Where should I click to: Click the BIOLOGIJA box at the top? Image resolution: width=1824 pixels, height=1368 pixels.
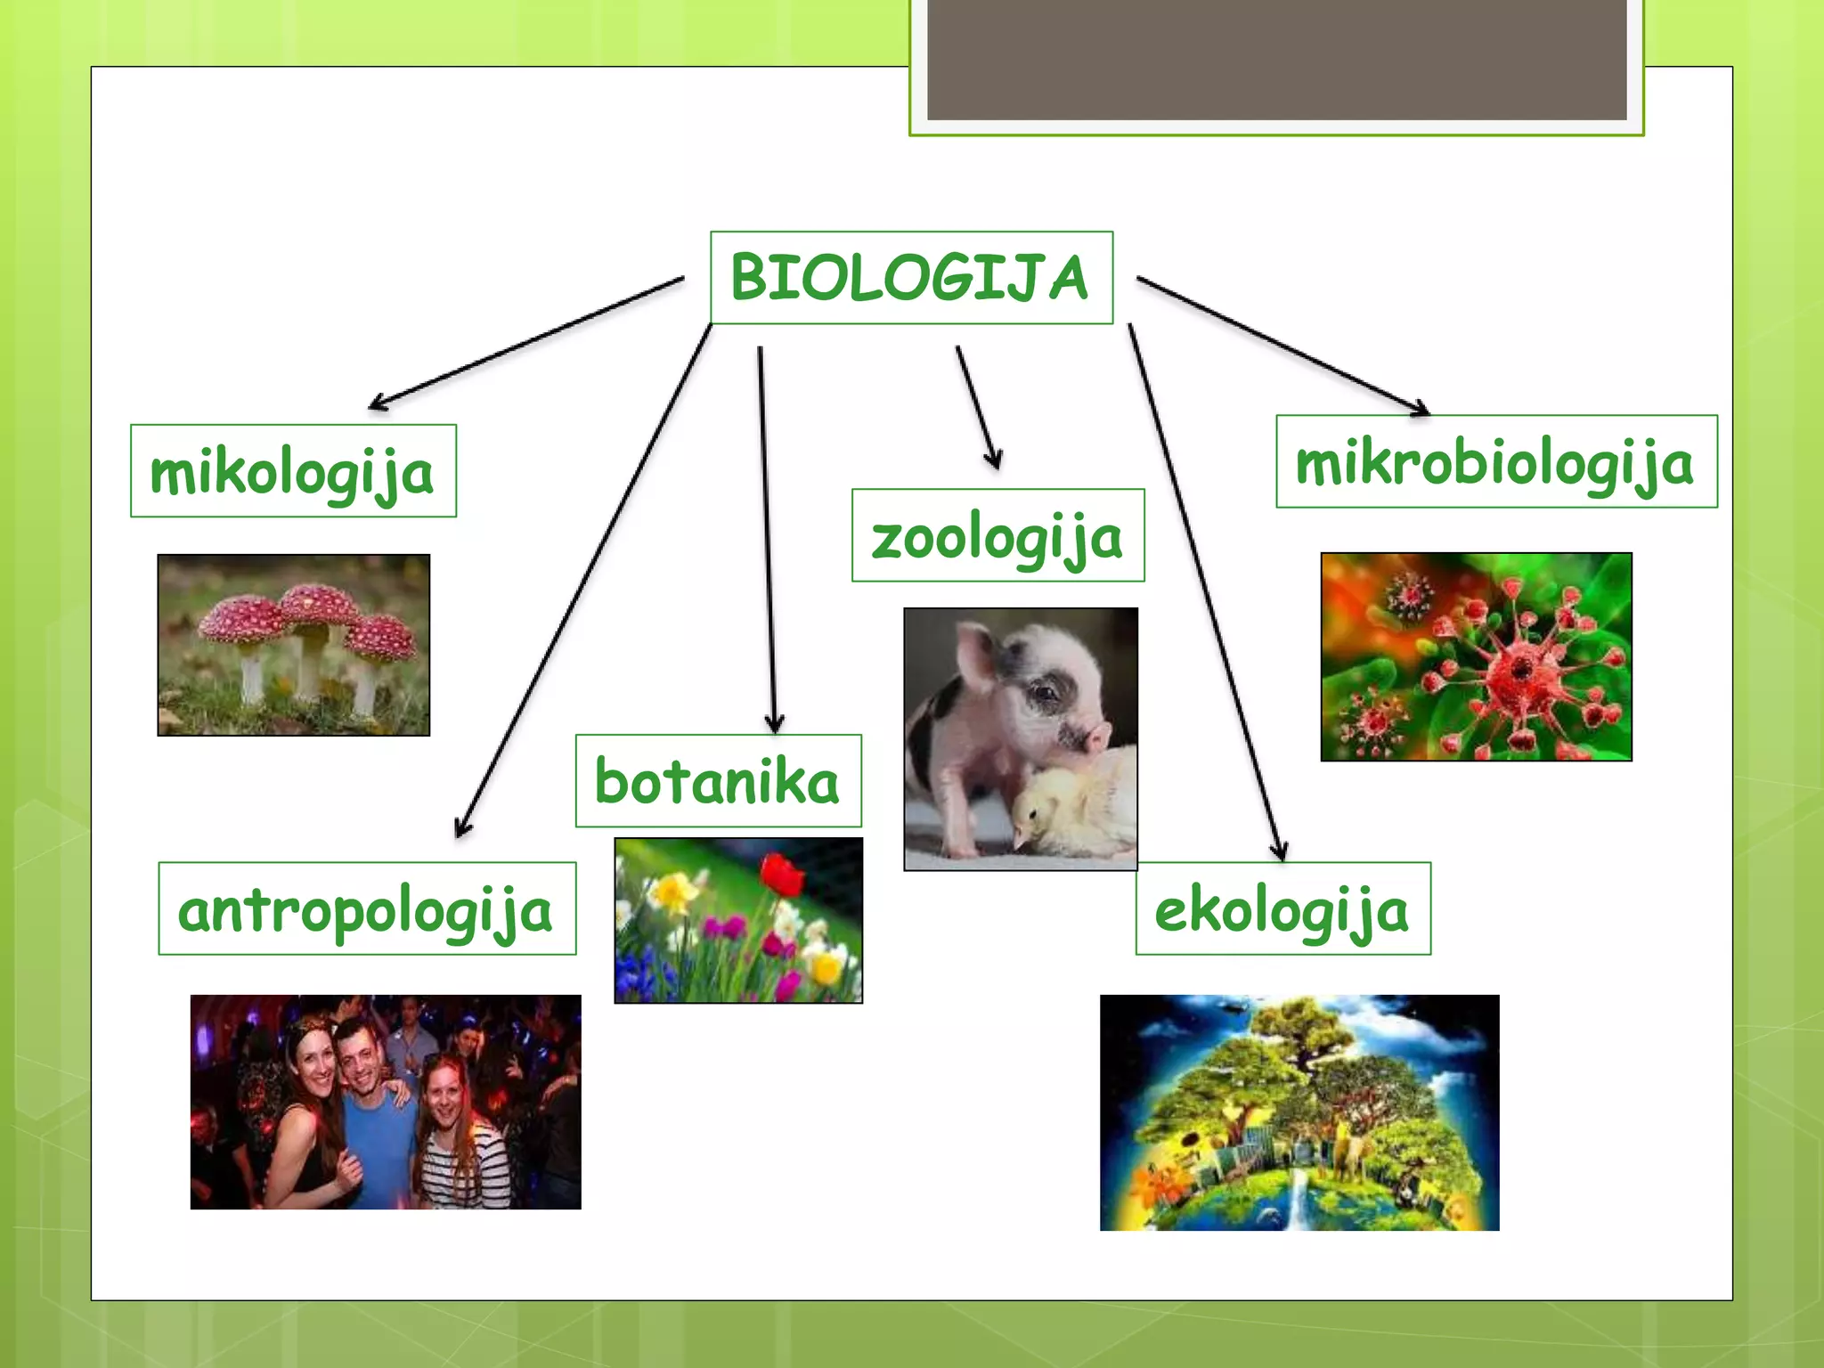(x=911, y=277)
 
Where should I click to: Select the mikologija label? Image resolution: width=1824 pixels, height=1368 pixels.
(x=293, y=471)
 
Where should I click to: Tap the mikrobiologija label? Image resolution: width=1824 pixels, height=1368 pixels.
(x=1496, y=461)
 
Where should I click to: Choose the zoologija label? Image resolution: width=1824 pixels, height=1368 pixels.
(x=997, y=535)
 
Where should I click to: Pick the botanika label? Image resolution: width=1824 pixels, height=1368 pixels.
(x=718, y=781)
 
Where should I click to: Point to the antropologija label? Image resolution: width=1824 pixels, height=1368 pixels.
(x=367, y=908)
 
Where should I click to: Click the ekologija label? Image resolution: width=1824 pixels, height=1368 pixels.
(x=1282, y=908)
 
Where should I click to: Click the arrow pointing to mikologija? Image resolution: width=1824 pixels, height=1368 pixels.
(x=525, y=343)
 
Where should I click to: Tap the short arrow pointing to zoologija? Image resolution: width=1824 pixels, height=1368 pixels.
(x=977, y=406)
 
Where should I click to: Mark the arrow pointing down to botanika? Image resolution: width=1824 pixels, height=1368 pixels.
(x=767, y=534)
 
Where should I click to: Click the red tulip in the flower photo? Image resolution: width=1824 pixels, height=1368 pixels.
(x=783, y=874)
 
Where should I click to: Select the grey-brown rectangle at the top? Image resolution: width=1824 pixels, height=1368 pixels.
(x=1276, y=59)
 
